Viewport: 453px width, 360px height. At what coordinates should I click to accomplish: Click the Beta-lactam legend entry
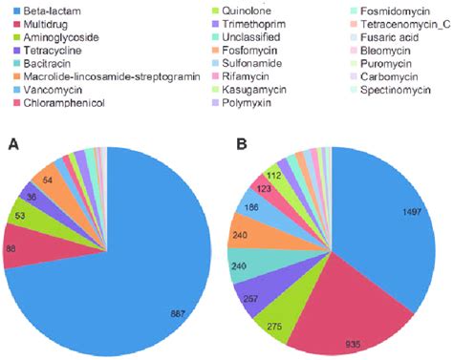click(43, 10)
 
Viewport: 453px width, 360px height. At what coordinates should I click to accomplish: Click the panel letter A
click(13, 143)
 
